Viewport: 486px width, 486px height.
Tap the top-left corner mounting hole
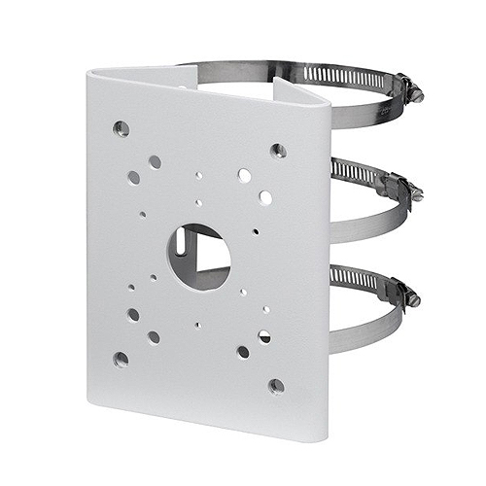tap(121, 127)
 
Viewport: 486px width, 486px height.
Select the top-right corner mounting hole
tap(278, 150)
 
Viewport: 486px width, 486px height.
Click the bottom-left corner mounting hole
tap(121, 359)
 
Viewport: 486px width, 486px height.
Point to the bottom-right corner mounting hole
tap(277, 386)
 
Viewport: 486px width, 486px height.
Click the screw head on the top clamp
tap(416, 93)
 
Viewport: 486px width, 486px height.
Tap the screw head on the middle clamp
tap(416, 191)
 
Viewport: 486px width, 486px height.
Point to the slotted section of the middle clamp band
tap(352, 172)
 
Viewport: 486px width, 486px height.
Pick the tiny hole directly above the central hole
tap(198, 203)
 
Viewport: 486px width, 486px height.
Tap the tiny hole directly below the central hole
tap(197, 325)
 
